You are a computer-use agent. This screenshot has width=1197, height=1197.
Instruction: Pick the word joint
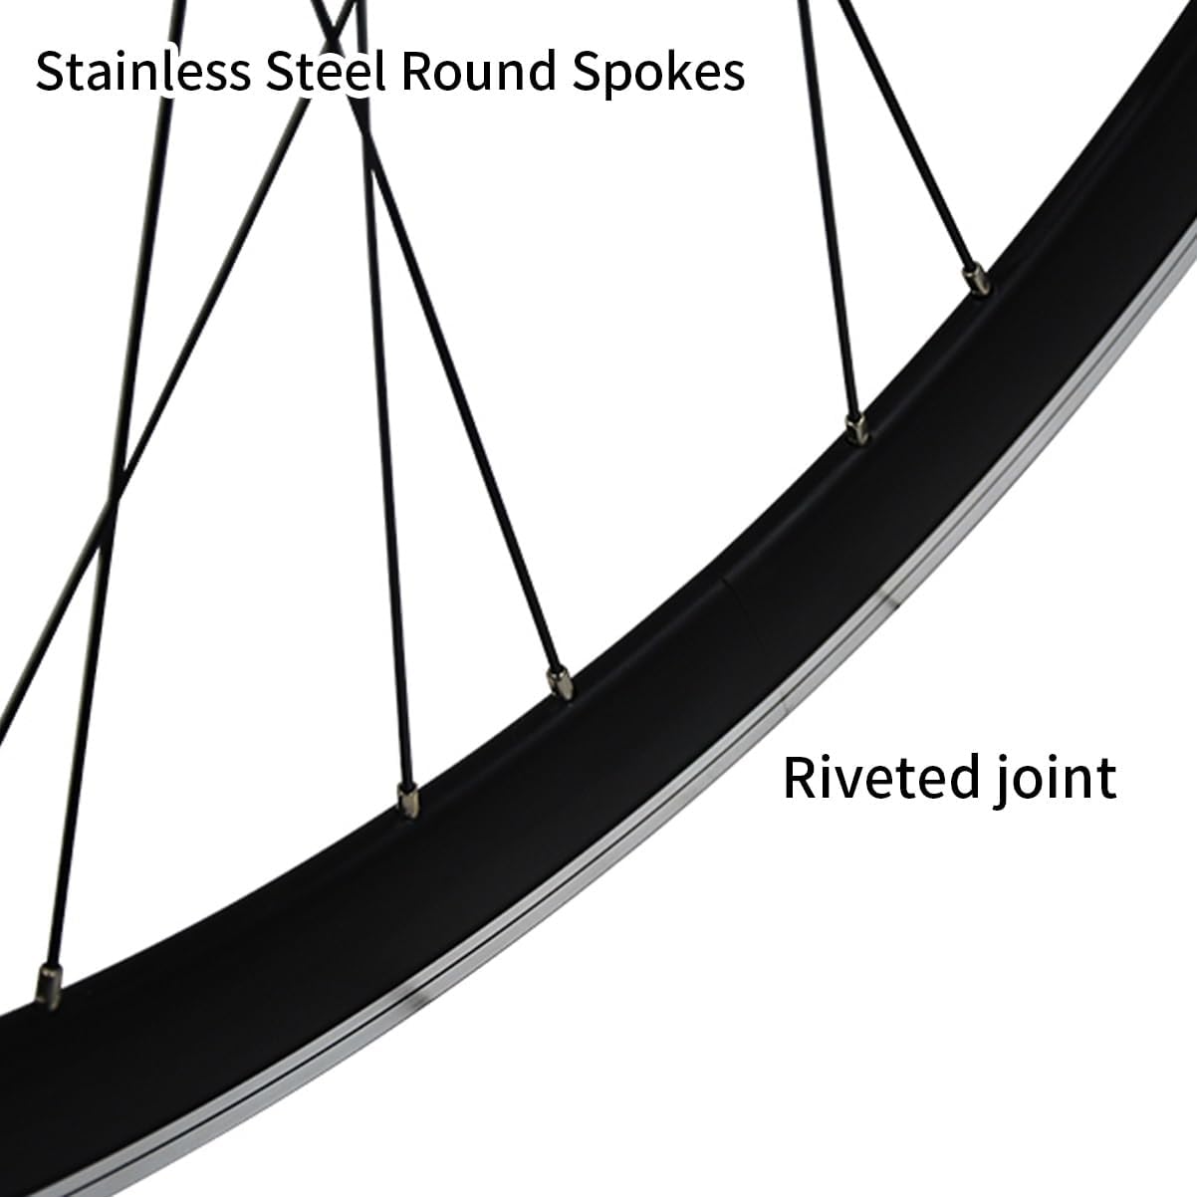tap(1060, 779)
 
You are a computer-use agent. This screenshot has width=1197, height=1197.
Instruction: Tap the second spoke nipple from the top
tap(855, 428)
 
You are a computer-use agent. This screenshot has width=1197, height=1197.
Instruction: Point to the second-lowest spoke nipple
tap(406, 797)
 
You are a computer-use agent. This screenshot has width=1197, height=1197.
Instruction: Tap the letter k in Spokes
tap(665, 72)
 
